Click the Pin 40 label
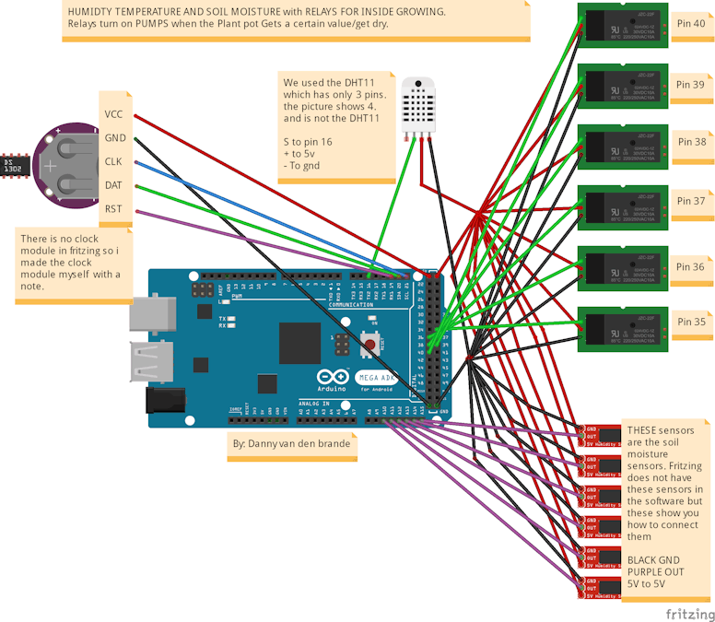click(690, 24)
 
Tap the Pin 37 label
click(690, 201)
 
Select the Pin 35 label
click(690, 323)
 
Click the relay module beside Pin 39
click(621, 87)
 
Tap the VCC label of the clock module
click(114, 114)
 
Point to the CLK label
click(114, 161)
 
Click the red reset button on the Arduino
click(370, 346)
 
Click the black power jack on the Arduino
click(166, 401)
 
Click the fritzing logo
click(689, 613)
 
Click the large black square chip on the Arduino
click(299, 343)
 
